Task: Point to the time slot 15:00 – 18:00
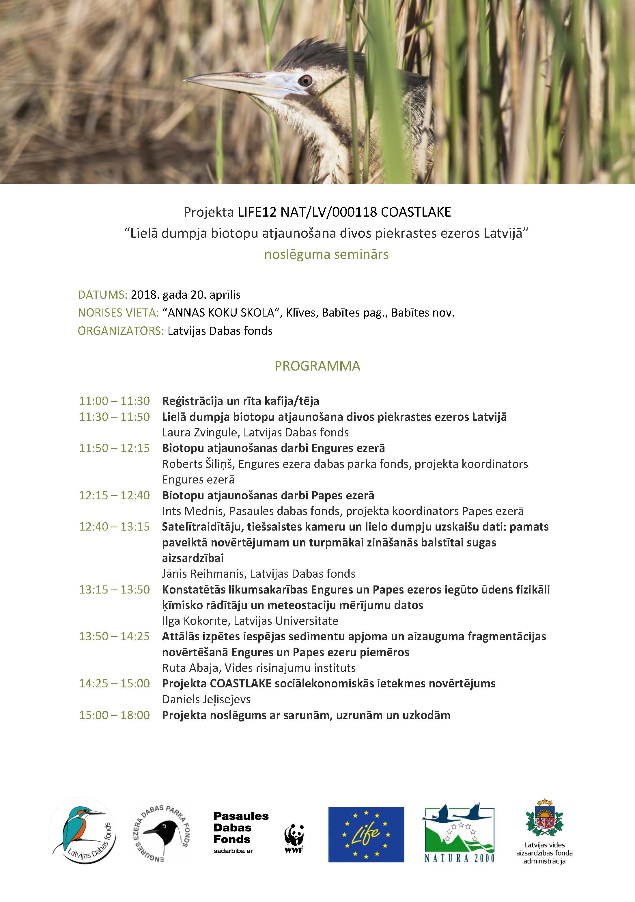[x=114, y=715]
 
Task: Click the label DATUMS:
[x=102, y=295]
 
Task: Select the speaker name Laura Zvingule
[x=199, y=433]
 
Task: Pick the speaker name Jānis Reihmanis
[x=203, y=574]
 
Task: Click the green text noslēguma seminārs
[x=326, y=254]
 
